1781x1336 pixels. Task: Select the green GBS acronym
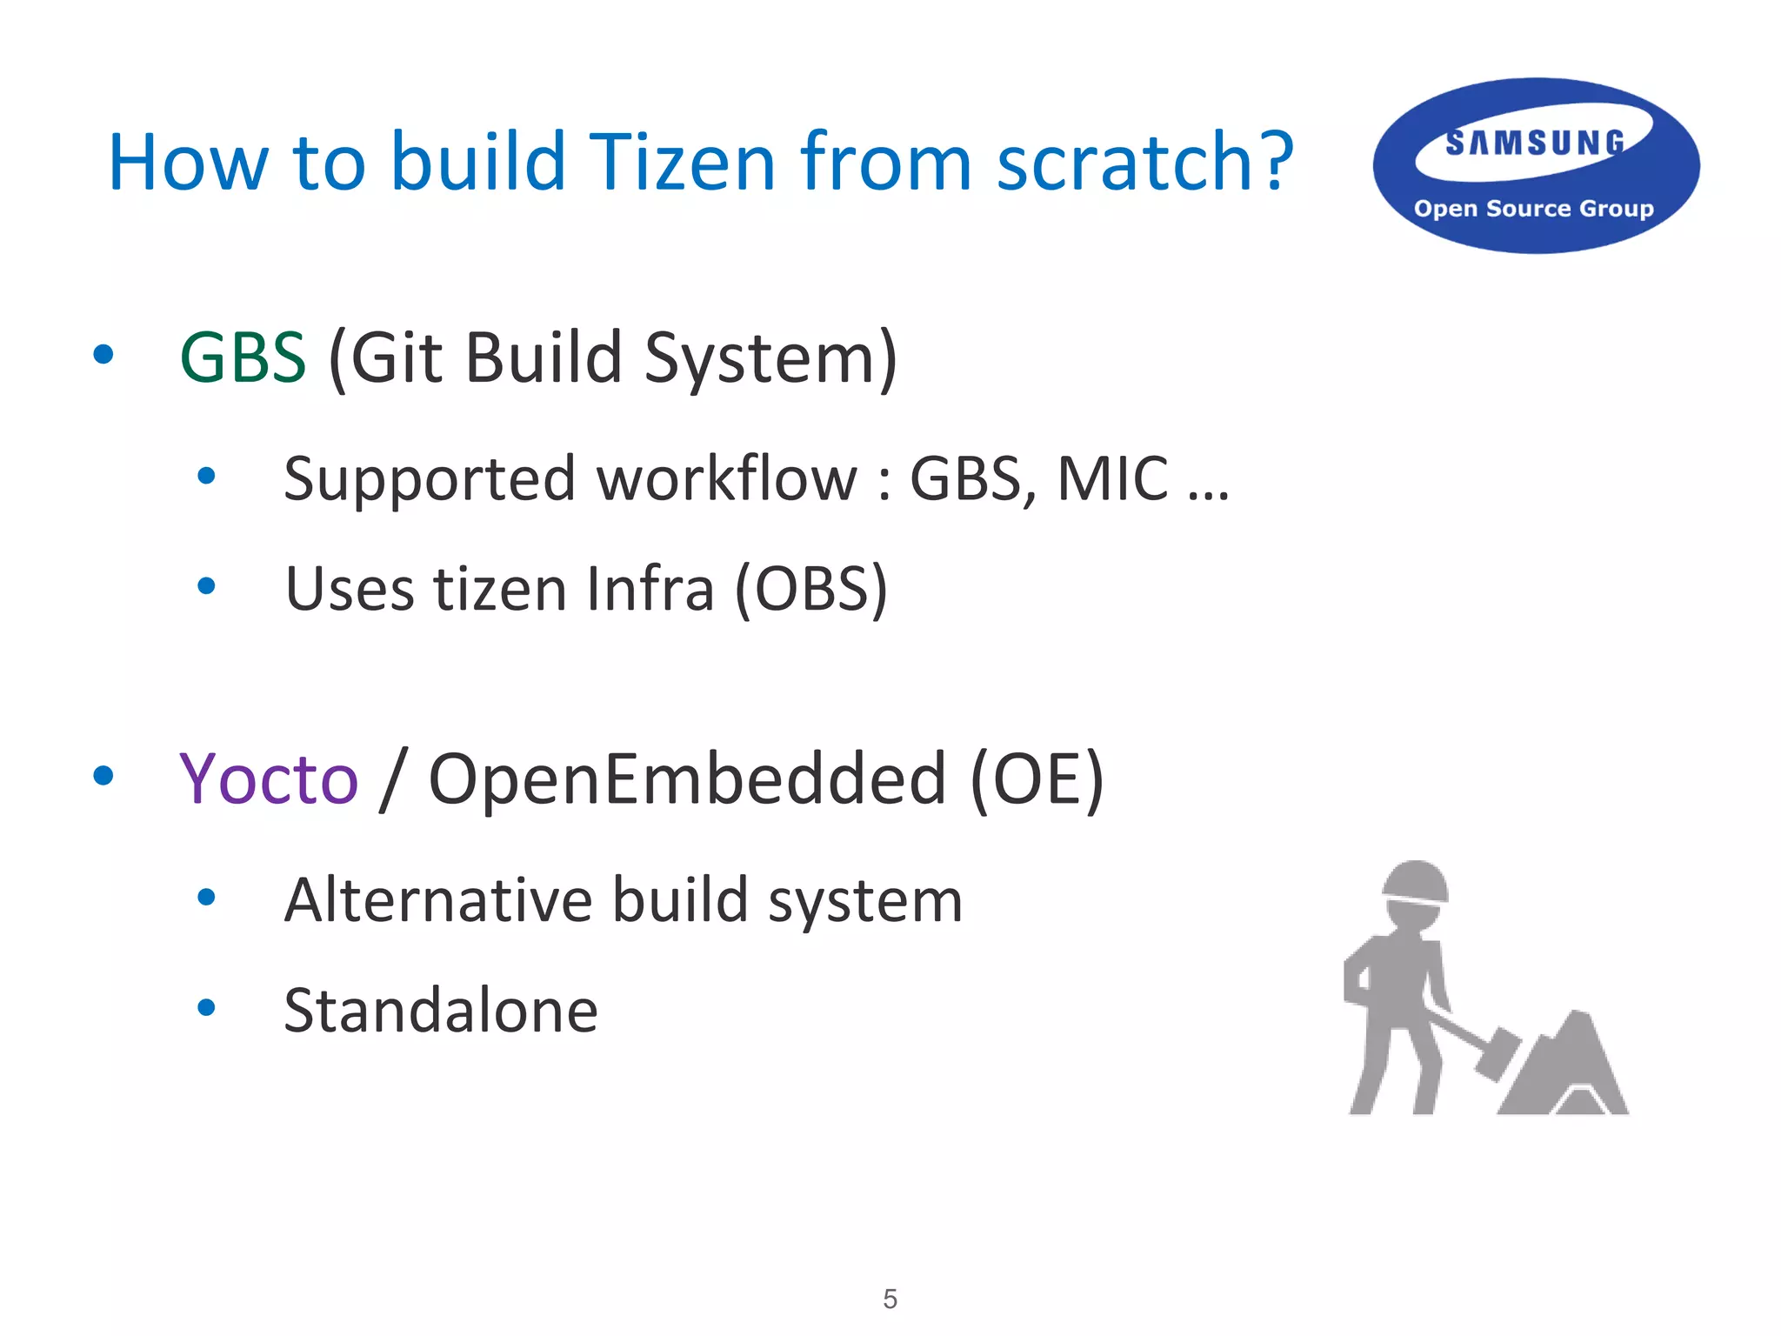click(243, 357)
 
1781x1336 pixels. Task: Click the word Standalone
click(441, 1011)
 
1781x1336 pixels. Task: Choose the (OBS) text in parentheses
click(811, 590)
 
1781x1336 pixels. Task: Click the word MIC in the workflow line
click(1112, 478)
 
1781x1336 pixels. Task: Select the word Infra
click(650, 590)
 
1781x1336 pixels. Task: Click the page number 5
click(890, 1299)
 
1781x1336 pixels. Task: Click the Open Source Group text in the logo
click(1533, 209)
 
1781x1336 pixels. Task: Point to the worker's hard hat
click(1415, 883)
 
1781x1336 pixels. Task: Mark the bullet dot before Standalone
click(206, 1008)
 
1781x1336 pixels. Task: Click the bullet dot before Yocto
click(103, 775)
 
